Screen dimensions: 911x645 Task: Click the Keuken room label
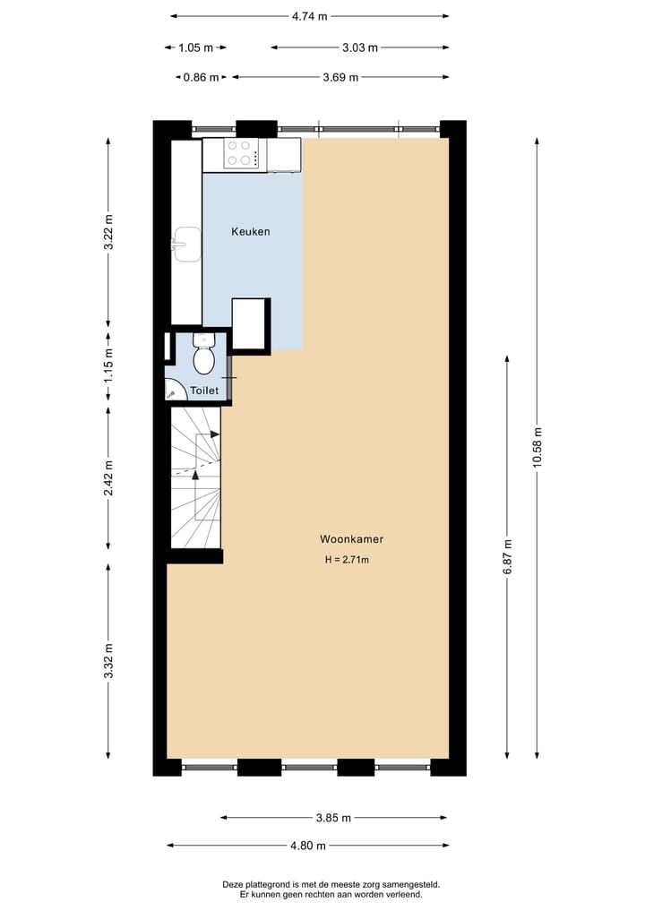pos(251,232)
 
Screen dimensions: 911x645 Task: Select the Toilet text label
pos(204,391)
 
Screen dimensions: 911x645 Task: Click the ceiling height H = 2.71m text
pos(347,560)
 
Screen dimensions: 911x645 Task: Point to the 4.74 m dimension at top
pos(309,15)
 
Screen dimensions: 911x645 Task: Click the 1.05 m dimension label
pos(195,47)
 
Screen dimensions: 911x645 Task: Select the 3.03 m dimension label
pos(360,47)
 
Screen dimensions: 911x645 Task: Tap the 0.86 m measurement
pos(201,77)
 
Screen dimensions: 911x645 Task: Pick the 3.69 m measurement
pos(340,77)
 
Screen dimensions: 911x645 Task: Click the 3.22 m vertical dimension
pos(108,232)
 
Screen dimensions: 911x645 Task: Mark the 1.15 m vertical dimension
pos(108,370)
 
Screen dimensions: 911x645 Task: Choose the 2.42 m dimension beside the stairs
pos(108,477)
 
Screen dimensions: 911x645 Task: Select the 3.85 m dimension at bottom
pos(333,817)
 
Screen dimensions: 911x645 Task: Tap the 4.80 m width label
pos(307,845)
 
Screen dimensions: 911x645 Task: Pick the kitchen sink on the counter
pos(187,245)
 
